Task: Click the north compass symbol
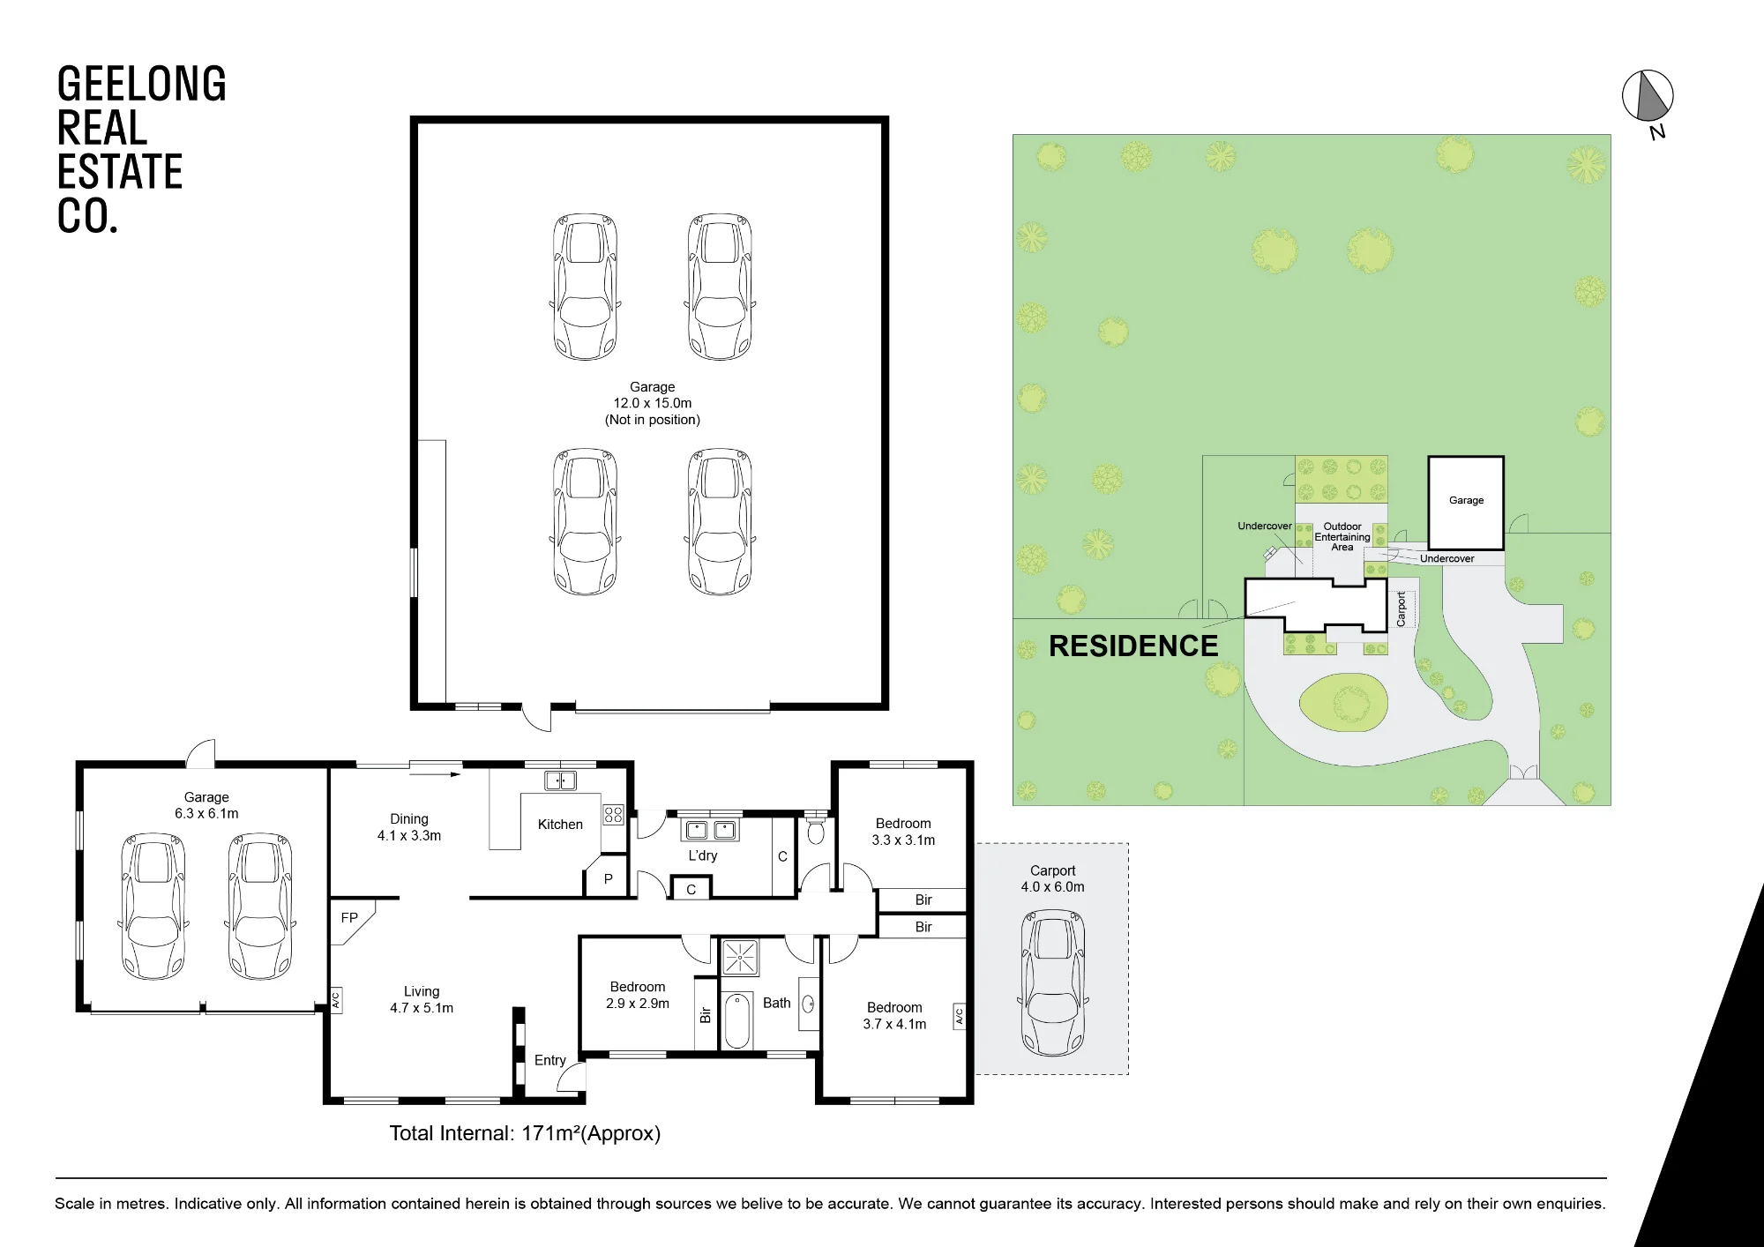coord(1648,96)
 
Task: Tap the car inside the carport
coord(1053,983)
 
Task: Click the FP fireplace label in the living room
coord(349,918)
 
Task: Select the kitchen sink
coord(560,780)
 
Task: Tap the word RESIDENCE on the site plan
coord(1133,646)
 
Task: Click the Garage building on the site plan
coord(1466,503)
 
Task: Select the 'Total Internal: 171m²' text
coord(525,1133)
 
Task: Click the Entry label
coord(549,1060)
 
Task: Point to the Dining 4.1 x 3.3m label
coord(409,827)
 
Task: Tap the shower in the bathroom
coord(740,958)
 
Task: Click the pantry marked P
coord(608,878)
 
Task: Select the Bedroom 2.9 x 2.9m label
coord(638,995)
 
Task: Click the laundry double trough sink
coord(710,830)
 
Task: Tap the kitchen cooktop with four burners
coord(613,814)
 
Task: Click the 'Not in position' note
coord(653,420)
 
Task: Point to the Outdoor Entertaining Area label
coord(1342,537)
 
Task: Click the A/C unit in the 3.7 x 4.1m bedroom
coord(960,1017)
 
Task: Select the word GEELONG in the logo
coord(141,85)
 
